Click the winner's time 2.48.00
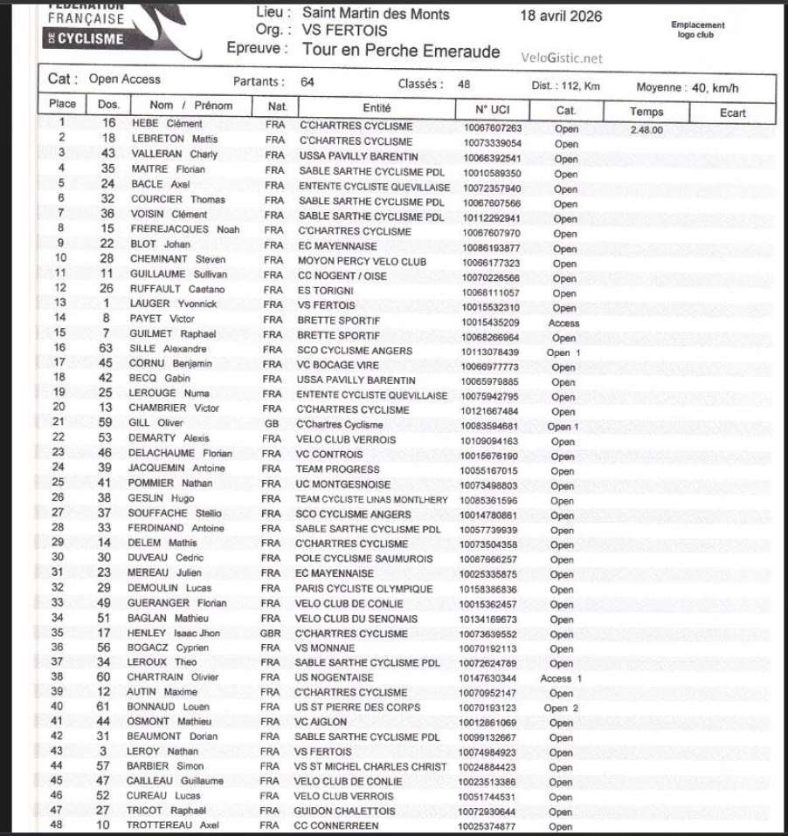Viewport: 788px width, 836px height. (647, 129)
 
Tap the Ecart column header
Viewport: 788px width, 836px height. (733, 112)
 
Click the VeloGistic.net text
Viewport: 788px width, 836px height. (562, 58)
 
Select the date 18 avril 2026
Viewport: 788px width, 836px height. (561, 17)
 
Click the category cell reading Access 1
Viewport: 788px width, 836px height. (562, 678)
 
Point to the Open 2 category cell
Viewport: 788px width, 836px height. (562, 708)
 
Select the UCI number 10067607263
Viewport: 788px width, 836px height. (487, 127)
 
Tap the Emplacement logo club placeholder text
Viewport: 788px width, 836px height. (698, 30)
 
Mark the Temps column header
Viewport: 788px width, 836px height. (646, 112)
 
